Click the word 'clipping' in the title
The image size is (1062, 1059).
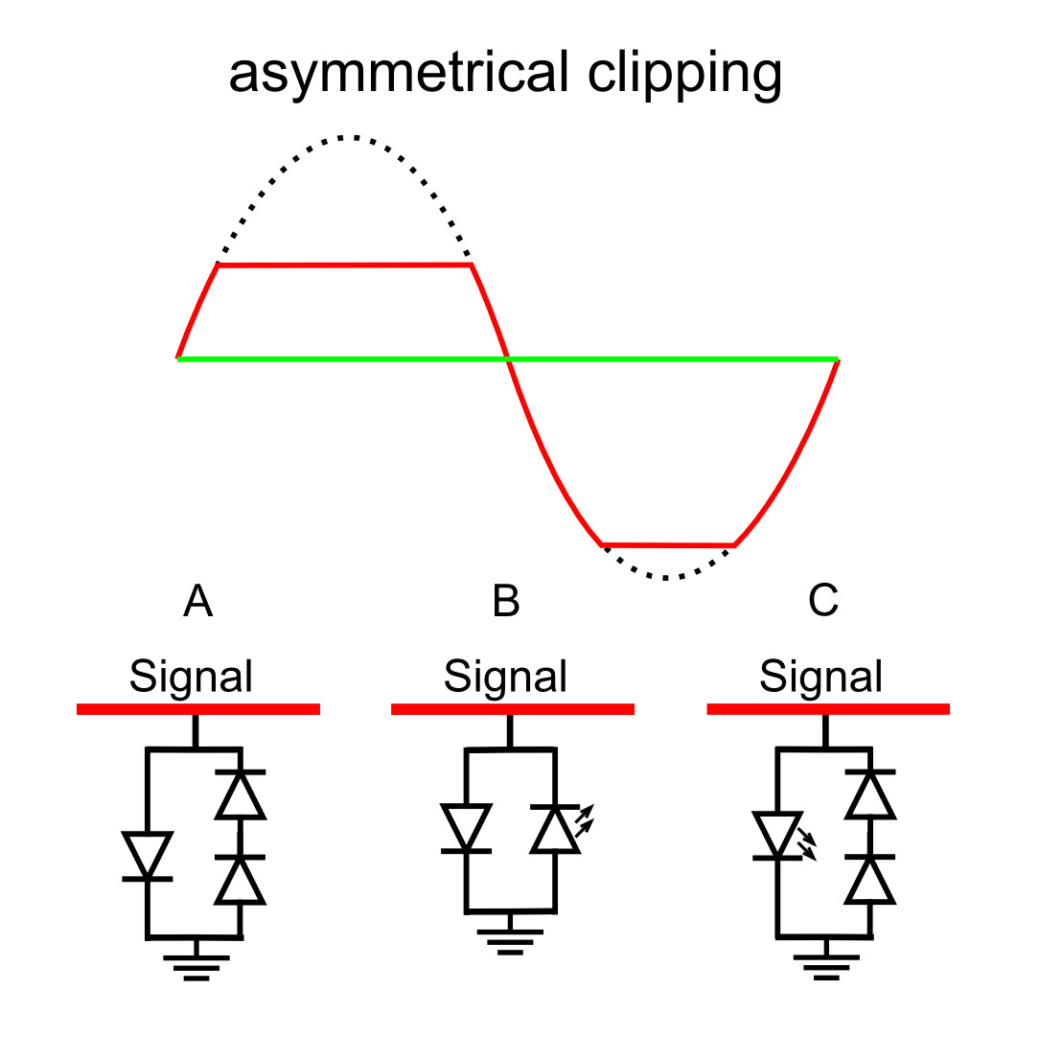coord(684,75)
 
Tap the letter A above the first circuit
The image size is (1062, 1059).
coord(197,602)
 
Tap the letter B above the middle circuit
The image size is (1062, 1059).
coord(505,602)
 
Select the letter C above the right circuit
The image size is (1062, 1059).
coord(823,601)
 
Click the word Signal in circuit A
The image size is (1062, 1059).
coord(191,677)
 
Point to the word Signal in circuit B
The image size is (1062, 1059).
coord(505,677)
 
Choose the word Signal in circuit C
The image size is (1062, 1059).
coord(820,677)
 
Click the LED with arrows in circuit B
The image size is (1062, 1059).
coord(557,829)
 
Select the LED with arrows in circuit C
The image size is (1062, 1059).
coord(778,836)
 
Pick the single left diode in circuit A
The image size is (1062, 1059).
coord(148,856)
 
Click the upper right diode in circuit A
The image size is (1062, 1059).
coord(240,794)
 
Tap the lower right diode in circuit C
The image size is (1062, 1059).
coord(869,880)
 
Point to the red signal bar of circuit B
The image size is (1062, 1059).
coord(513,709)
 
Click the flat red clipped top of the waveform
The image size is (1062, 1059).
coord(345,265)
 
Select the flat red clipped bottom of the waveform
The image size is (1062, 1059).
coord(668,545)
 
